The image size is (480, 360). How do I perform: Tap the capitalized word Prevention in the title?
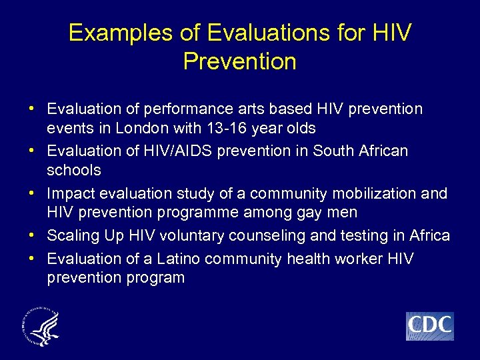click(x=239, y=61)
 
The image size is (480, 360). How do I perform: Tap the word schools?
click(x=74, y=170)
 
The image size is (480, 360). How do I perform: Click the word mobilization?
click(x=372, y=193)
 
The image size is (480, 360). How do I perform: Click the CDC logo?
click(x=429, y=326)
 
